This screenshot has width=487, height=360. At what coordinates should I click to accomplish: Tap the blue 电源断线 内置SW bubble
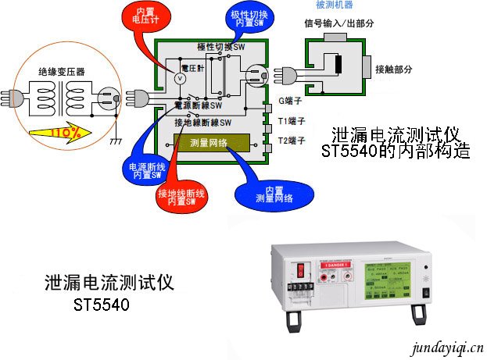(x=143, y=170)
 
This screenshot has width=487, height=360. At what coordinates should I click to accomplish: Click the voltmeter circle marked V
(x=178, y=78)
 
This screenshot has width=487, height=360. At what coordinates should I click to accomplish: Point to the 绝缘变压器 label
(x=62, y=71)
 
